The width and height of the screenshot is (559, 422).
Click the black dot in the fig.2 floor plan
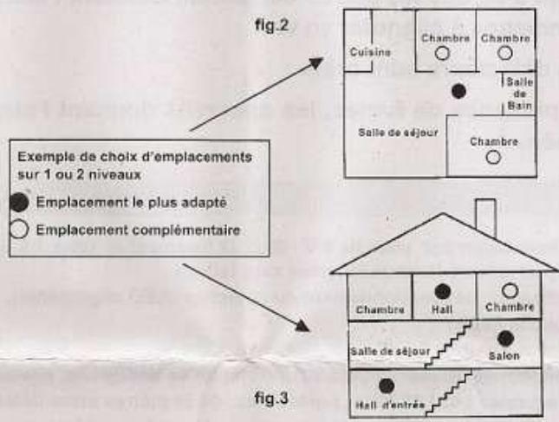460,90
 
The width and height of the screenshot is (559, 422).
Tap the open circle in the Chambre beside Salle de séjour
493,157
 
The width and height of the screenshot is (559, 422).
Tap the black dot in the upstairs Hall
441,290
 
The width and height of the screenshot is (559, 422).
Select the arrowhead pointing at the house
303,327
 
